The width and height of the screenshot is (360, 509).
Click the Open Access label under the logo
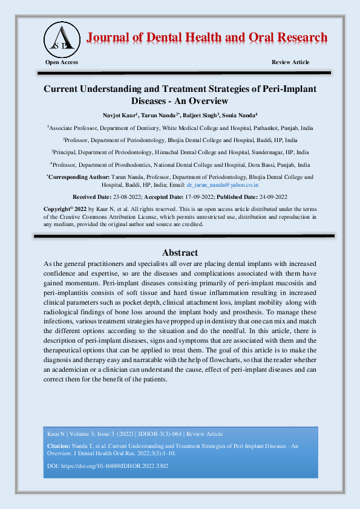[62, 62]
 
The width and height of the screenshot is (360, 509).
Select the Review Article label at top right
[290, 62]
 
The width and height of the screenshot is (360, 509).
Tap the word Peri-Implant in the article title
[289, 88]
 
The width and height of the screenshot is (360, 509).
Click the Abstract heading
[180, 252]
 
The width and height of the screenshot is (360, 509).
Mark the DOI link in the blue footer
[114, 466]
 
